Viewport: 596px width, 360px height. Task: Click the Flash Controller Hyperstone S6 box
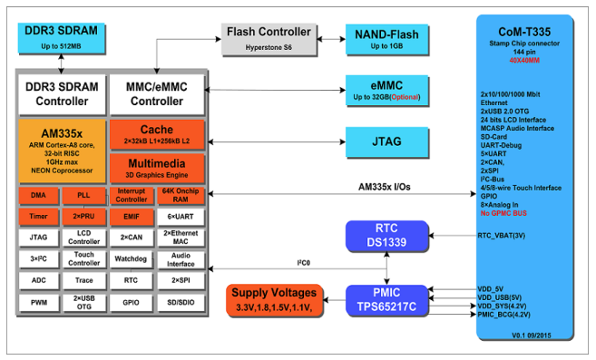click(x=269, y=40)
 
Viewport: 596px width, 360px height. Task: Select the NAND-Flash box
click(x=386, y=40)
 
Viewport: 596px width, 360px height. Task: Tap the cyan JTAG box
click(x=386, y=141)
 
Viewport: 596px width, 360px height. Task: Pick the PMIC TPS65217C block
click(x=386, y=300)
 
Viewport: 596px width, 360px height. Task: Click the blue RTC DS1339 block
click(x=386, y=236)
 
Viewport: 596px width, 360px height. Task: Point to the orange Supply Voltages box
click(x=274, y=300)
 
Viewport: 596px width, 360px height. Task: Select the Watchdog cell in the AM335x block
click(x=131, y=258)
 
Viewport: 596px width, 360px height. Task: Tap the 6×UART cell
click(x=181, y=217)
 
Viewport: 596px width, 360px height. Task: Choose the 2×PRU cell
click(x=83, y=217)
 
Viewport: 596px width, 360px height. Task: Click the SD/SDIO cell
click(x=181, y=303)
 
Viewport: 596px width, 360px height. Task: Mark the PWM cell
click(x=39, y=303)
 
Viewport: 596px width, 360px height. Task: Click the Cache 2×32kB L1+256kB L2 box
click(x=157, y=134)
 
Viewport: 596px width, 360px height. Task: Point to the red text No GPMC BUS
click(x=503, y=213)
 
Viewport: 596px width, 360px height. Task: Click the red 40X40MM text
click(x=524, y=61)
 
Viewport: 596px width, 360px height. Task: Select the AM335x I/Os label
click(x=385, y=187)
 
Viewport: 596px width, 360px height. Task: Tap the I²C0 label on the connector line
click(x=303, y=263)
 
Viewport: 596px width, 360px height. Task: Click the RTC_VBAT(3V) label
click(x=502, y=236)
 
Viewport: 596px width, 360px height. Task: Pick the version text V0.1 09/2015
click(x=532, y=336)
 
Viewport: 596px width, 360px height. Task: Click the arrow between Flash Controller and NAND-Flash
click(x=331, y=39)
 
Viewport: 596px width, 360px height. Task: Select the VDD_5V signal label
click(x=491, y=289)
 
